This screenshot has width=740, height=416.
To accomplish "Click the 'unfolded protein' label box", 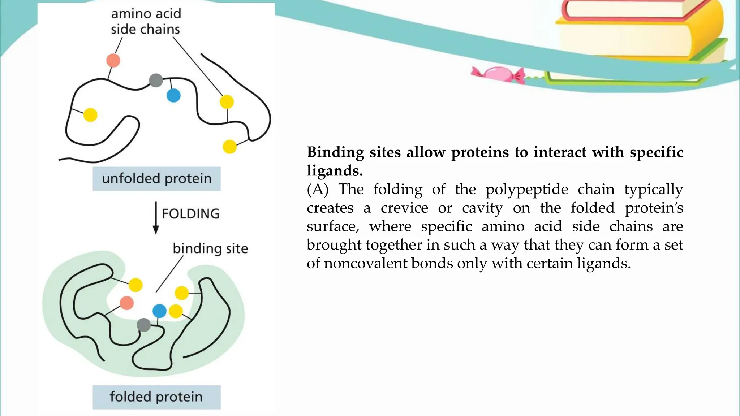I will pos(156,179).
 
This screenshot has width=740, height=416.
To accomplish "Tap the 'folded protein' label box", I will pos(156,397).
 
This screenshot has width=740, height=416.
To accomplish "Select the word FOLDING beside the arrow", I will pos(190,214).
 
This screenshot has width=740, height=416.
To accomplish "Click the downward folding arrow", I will pos(156,218).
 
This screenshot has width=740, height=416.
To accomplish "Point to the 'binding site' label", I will pos(210,248).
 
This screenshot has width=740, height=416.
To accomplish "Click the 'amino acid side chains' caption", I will pos(146,22).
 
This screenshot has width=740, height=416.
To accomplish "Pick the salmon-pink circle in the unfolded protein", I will pos(113,60).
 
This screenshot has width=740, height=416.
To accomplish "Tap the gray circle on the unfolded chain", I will pos(156,80).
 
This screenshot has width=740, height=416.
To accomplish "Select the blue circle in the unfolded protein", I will pos(173,96).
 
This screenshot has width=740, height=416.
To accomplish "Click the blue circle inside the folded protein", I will pos(159,311).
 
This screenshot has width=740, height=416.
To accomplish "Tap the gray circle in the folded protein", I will pos(144,325).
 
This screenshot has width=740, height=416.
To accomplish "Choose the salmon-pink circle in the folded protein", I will pos(126,303).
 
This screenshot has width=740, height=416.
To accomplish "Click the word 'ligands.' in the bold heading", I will pos(335,170).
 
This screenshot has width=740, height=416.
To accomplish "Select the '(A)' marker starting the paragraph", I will pos(318,189).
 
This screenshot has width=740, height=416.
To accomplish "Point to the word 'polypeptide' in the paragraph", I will pos(526,189).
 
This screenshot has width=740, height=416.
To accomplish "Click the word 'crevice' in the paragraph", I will pos(404,208).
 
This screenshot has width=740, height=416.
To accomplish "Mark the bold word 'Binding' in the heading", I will pos(335,152).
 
